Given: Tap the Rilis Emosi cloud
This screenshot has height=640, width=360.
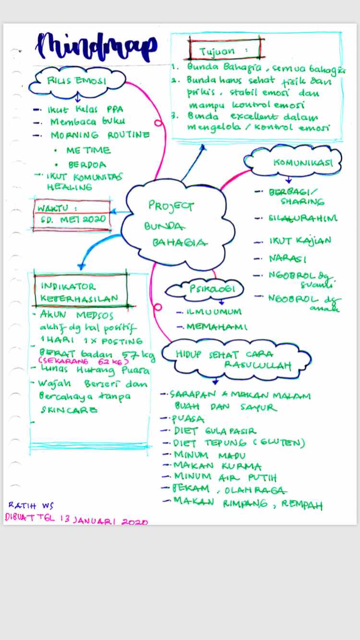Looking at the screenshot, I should (77, 81).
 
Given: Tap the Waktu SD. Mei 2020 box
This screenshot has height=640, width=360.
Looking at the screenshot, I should (72, 214).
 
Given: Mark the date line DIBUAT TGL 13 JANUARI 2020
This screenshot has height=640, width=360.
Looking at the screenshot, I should (76, 519).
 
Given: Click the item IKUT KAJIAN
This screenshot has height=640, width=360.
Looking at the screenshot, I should (300, 240).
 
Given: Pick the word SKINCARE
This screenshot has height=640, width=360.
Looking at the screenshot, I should (69, 410).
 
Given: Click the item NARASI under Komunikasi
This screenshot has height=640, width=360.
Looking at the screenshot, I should (288, 259).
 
